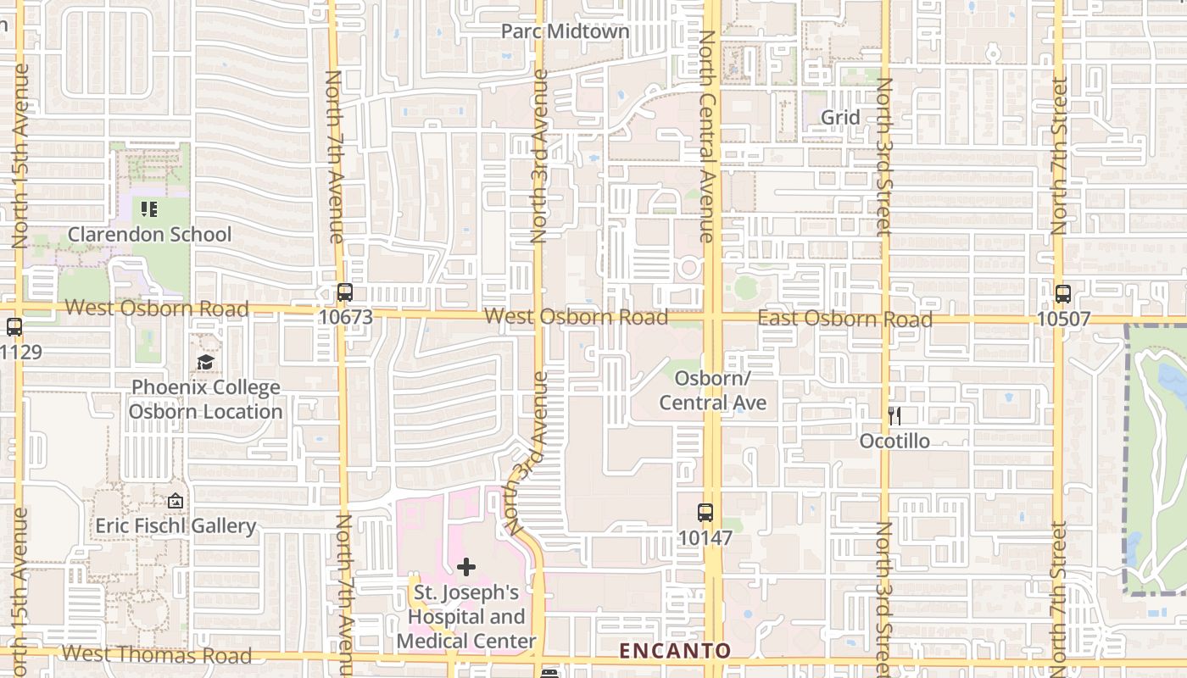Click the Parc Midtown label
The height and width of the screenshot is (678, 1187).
[x=565, y=31]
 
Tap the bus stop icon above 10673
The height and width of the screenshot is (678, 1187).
[x=344, y=292]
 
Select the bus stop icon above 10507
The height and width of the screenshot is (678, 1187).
[x=1063, y=294]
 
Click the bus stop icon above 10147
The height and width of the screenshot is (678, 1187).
[x=705, y=513]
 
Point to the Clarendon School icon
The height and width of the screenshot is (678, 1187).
[x=149, y=208]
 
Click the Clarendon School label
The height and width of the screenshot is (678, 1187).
[x=149, y=234]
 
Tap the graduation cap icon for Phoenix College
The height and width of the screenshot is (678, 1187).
[x=205, y=363]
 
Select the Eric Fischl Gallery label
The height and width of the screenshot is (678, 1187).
[x=176, y=526]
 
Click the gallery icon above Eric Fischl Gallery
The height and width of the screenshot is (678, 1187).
[x=176, y=502]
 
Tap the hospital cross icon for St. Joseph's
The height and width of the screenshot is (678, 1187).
[x=466, y=567]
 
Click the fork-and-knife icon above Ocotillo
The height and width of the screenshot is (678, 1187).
[x=894, y=416]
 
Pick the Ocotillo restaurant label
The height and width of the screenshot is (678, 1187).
[x=894, y=441]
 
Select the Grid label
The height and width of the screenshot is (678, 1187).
[x=840, y=118]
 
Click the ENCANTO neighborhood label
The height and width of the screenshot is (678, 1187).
[x=675, y=651]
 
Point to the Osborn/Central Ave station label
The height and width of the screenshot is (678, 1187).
[x=712, y=390]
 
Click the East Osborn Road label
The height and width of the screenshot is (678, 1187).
[x=844, y=319]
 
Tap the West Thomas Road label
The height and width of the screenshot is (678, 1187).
[x=157, y=654]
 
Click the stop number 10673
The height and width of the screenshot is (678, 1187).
[x=345, y=316]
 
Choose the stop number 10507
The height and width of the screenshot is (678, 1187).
[x=1063, y=318]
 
